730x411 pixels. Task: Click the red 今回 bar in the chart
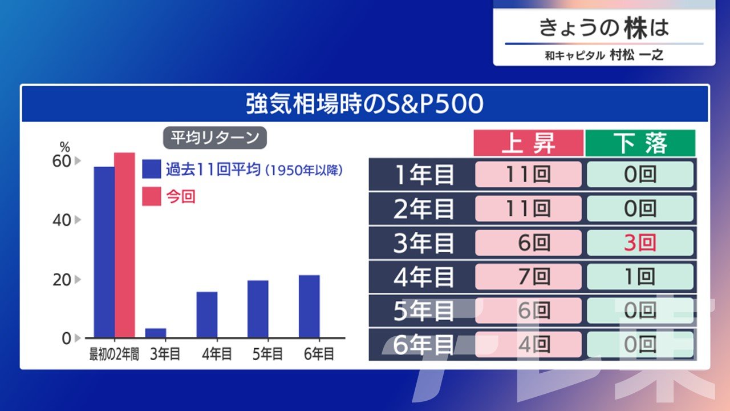tap(124, 245)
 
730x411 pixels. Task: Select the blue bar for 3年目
tap(156, 333)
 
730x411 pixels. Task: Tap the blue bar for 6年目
tap(309, 307)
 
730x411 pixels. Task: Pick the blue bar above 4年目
tap(207, 315)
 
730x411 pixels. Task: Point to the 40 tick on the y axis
tap(62, 220)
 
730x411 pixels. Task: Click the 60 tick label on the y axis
tap(62, 161)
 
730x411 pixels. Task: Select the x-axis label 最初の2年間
tap(114, 354)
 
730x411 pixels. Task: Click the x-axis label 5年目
tap(267, 354)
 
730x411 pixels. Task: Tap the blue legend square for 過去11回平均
tap(152, 169)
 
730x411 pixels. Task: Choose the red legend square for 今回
tap(152, 196)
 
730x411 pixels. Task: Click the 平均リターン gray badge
tap(215, 138)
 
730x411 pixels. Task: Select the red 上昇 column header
tap(528, 143)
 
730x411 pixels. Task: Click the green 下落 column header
tap(640, 143)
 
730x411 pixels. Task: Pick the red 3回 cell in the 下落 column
tap(640, 243)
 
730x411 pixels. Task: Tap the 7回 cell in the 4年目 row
tap(528, 277)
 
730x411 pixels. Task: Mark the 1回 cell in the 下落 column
tap(640, 277)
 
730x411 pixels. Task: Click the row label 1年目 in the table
tap(424, 175)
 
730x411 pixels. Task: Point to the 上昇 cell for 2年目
tap(528, 208)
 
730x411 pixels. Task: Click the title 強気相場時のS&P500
tap(364, 104)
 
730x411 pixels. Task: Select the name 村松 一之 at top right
tap(637, 55)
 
